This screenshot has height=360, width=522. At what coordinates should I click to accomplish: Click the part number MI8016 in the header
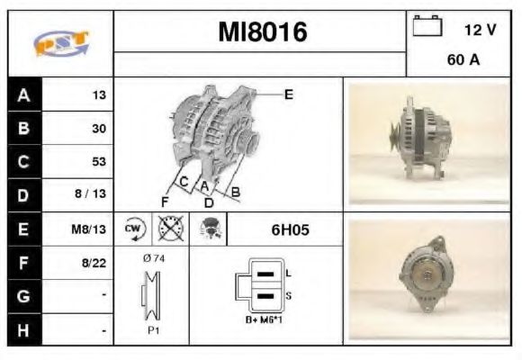tap(263, 32)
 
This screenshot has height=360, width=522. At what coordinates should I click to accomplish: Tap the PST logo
tap(61, 43)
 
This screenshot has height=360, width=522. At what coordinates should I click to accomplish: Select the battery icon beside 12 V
tap(427, 25)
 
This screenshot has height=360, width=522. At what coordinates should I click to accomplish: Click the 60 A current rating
tap(463, 59)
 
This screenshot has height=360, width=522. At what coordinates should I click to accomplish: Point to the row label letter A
tap(23, 95)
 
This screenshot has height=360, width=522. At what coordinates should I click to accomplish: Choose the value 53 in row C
tap(99, 161)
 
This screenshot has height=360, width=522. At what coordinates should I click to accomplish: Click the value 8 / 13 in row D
tap(90, 193)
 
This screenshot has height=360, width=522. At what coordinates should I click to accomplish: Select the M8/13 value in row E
tap(88, 229)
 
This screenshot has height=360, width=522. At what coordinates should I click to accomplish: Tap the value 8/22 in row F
tap(94, 263)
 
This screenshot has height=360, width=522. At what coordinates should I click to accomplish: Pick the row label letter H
tap(23, 330)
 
